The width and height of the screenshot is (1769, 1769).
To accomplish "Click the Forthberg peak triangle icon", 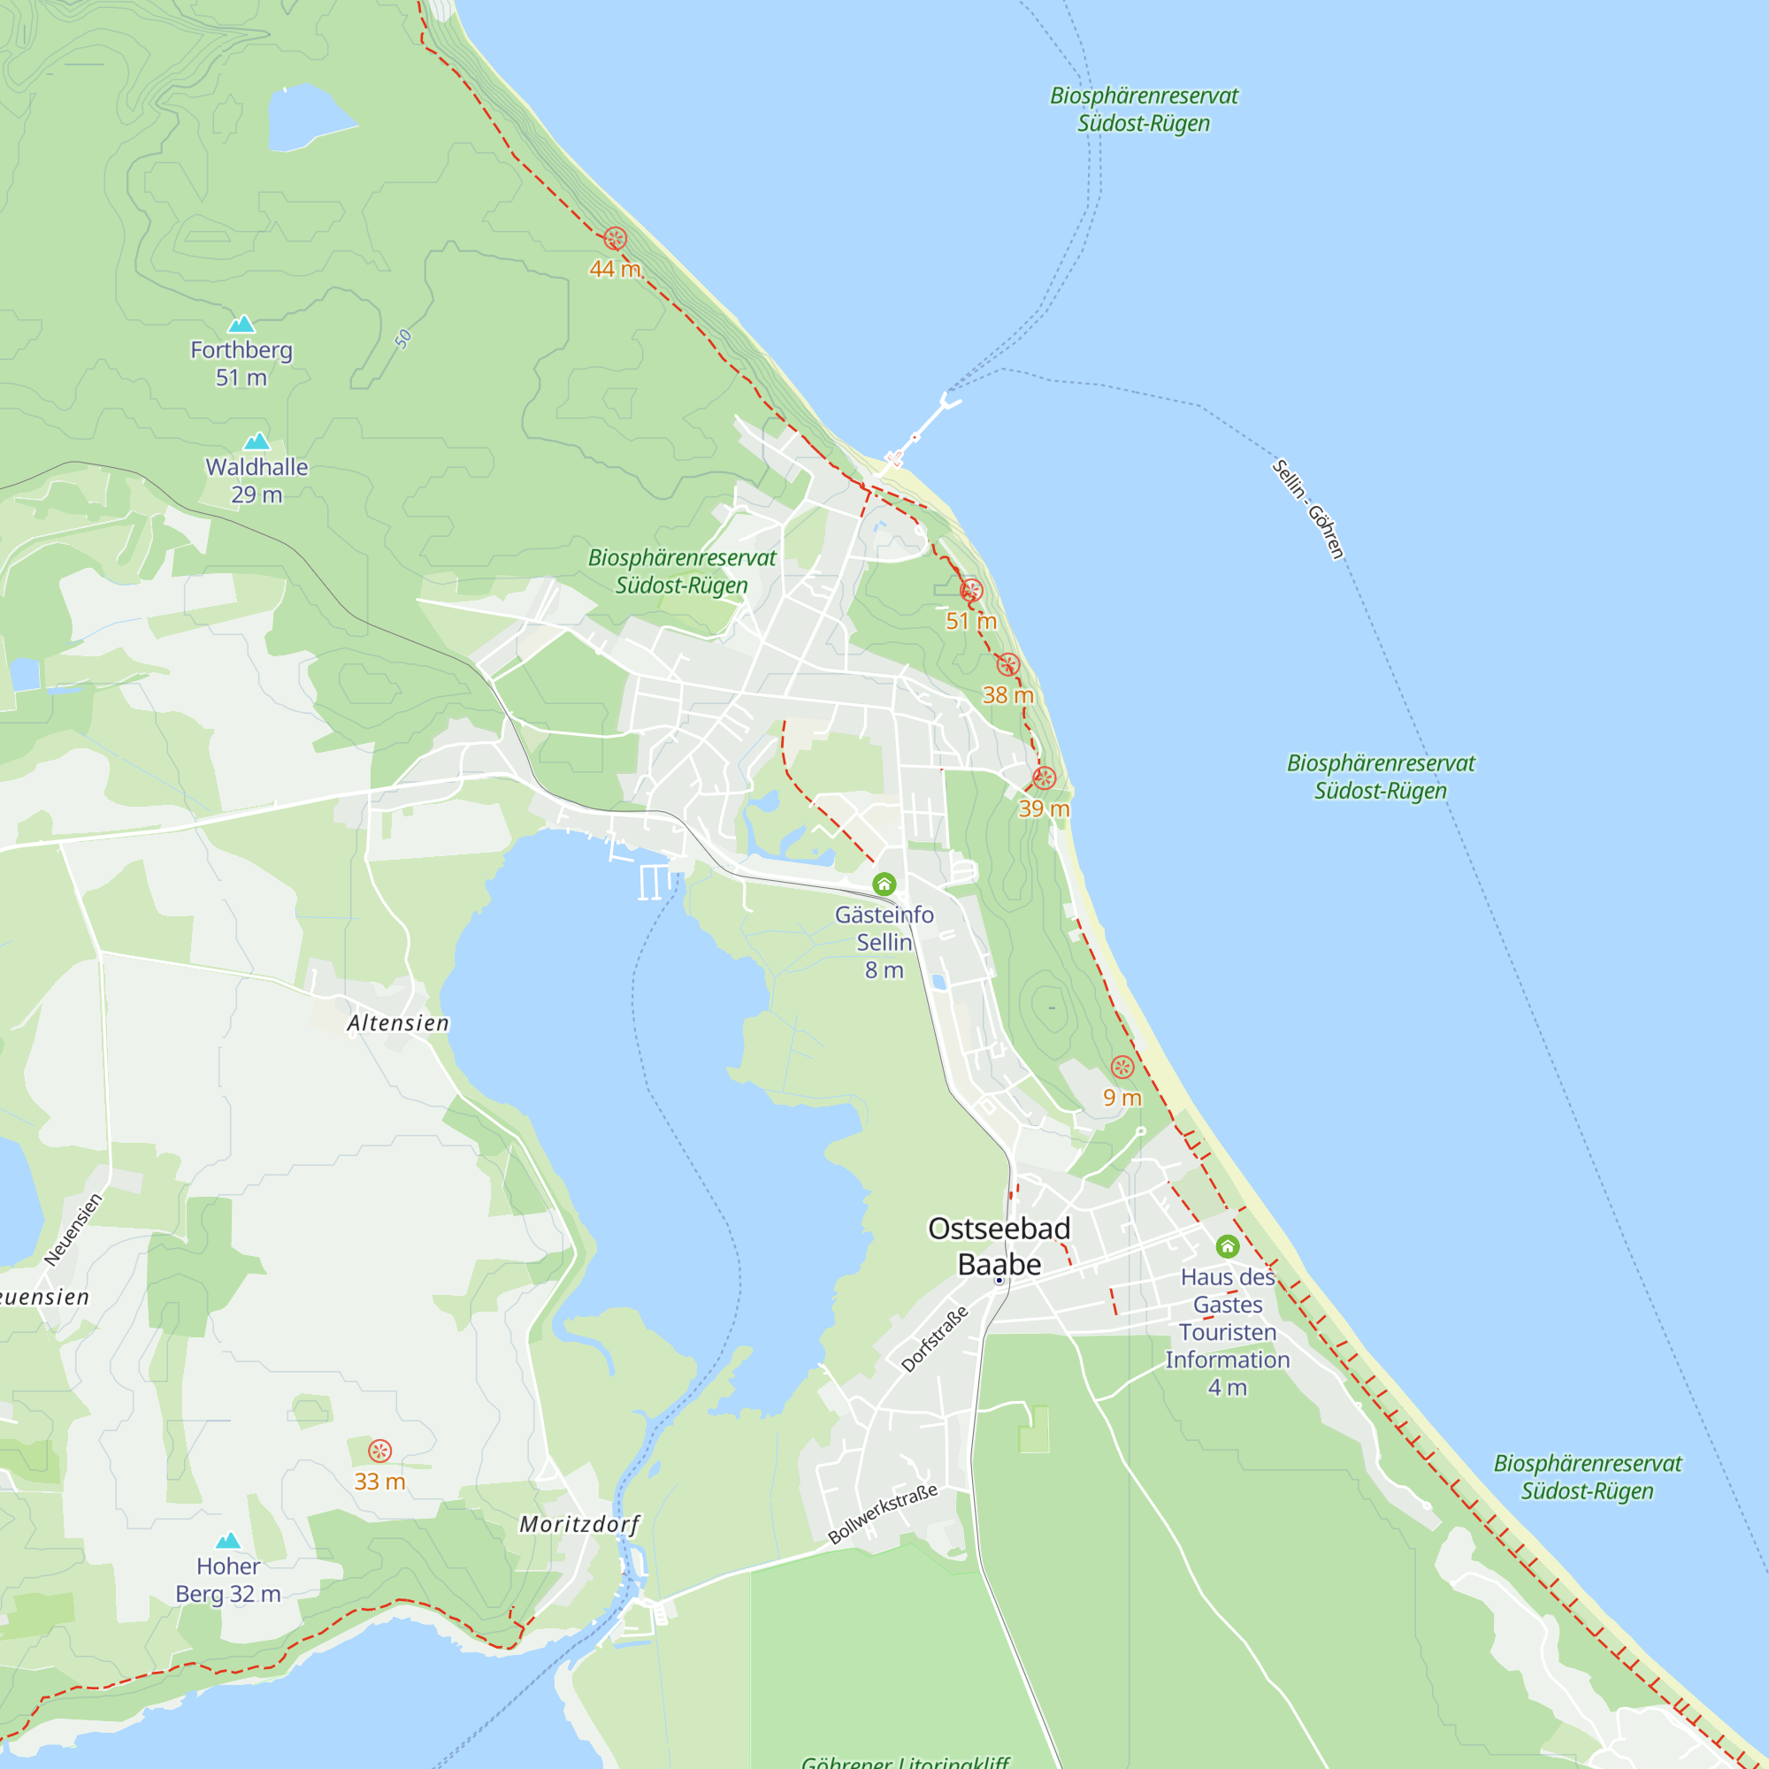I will coord(241,324).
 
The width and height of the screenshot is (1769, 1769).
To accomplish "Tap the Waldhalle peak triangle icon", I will coord(257,441).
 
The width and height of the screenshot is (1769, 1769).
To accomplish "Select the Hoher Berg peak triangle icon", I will coord(228,1541).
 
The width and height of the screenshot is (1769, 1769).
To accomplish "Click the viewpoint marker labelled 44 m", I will coord(616,239).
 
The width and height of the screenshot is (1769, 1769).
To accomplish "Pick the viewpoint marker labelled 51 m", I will coord(971,591).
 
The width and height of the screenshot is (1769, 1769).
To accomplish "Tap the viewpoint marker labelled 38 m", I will coord(1008,665).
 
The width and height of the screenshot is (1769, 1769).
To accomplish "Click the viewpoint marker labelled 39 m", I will coord(1044,778).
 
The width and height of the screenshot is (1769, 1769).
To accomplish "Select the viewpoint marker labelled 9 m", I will coord(1122,1067).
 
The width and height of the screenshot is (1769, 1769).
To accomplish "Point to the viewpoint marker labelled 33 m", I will coord(380,1451).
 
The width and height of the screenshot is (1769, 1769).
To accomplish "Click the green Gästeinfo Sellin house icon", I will coord(884,884).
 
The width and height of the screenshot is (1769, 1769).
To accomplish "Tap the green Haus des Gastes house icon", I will coord(1227,1246).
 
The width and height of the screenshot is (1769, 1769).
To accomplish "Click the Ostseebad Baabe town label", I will coord(999,1246).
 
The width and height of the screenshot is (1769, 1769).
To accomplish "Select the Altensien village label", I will coord(398,1022).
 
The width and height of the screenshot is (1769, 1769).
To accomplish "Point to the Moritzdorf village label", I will coord(579,1525).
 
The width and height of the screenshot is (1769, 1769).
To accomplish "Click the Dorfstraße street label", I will coord(934,1339).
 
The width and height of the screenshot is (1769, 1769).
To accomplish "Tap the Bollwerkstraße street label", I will coord(883,1513).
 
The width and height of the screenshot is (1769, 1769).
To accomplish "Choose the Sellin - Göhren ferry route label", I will coord(1307,509).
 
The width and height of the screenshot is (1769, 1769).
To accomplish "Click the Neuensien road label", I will coord(73,1229).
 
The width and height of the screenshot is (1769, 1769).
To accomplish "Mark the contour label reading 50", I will coord(402,340).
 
